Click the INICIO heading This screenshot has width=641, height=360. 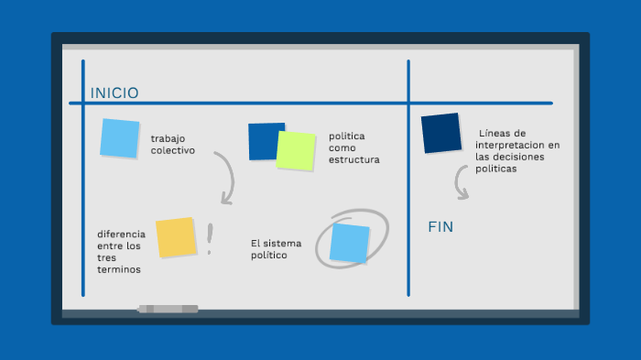[114, 93]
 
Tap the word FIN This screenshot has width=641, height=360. [441, 226]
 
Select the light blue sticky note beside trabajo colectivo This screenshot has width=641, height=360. [120, 138]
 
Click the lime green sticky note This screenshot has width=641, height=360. [296, 150]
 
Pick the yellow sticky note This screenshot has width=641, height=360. [176, 237]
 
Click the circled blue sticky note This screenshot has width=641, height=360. [349, 243]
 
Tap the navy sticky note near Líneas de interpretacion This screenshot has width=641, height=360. [441, 133]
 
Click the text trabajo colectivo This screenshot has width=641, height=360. [173, 144]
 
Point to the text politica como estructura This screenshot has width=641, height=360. [353, 147]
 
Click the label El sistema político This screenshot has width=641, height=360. [275, 249]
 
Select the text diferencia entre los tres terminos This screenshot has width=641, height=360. [121, 251]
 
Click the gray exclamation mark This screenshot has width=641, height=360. [210, 239]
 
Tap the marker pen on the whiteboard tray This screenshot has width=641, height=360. [168, 309]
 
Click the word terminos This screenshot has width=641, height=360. [119, 269]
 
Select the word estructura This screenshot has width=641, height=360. [353, 159]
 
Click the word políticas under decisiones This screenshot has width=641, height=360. [496, 169]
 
